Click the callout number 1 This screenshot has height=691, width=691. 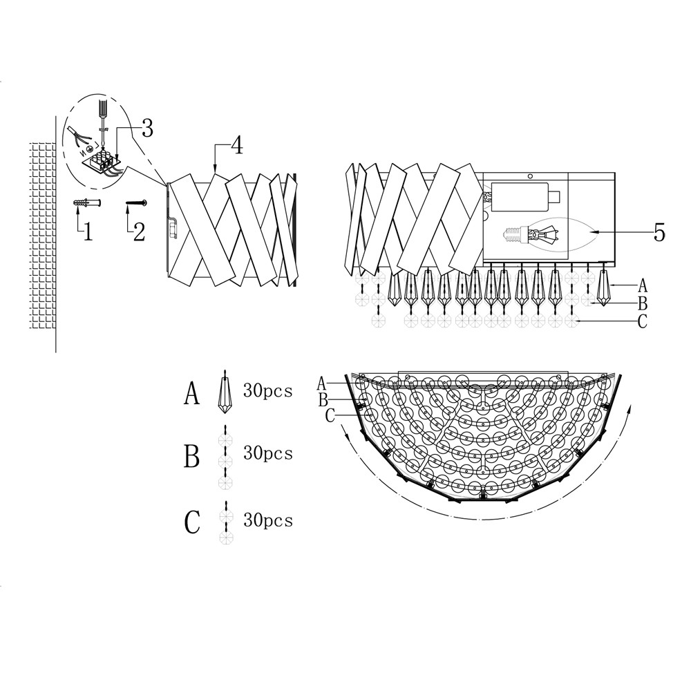tap(87, 232)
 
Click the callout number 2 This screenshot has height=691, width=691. tap(138, 231)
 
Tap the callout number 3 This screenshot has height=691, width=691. tap(146, 128)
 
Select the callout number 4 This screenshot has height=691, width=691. tap(236, 146)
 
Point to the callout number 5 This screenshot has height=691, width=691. tap(659, 233)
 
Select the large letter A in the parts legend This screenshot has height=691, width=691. tap(192, 394)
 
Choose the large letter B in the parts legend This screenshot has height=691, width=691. tap(192, 457)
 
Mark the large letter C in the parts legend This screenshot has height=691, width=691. tap(192, 523)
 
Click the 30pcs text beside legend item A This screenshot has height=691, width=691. tap(268, 391)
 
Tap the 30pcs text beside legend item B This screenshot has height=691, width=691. tap(268, 454)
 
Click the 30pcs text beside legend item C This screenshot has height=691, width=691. tap(268, 520)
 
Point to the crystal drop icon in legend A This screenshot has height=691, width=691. tap(225, 390)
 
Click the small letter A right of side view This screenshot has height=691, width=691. tap(643, 284)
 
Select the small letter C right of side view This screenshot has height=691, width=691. tap(643, 322)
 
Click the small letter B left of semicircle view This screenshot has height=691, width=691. tap(323, 399)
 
